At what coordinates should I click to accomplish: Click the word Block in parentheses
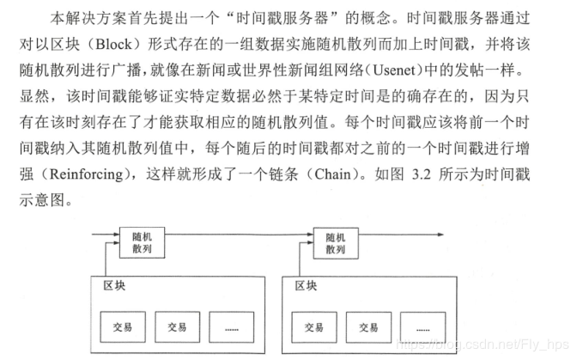tap(113, 44)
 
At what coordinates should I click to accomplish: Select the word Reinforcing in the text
tap(86, 174)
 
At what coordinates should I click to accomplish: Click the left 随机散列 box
tap(142, 242)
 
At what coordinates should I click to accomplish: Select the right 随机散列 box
tap(336, 243)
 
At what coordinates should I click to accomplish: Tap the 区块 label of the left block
tap(114, 285)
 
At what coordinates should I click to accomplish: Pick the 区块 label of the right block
tap(306, 285)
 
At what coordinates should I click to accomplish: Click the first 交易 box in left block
tap(123, 326)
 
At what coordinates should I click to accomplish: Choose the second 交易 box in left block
tap(178, 326)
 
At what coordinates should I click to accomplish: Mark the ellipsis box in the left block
tap(232, 326)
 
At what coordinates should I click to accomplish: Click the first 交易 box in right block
tap(314, 327)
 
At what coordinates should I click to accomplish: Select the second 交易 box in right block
tap(368, 327)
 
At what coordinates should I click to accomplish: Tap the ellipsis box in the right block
tap(422, 327)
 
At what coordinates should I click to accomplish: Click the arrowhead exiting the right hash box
tap(440, 235)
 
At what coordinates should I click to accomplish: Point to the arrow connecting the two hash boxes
tap(239, 234)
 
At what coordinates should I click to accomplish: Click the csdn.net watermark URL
tap(483, 345)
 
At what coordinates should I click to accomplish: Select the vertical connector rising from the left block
tap(106, 259)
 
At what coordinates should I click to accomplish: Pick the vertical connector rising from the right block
tap(300, 259)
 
